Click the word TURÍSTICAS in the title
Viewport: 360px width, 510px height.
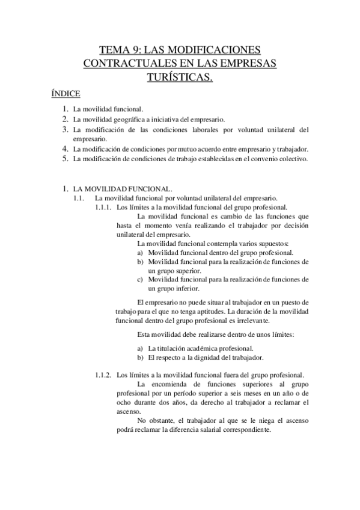(x=180, y=76)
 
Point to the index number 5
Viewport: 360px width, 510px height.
(x=66, y=159)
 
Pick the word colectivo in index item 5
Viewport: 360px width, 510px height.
(x=291, y=159)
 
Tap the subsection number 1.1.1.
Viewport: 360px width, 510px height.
(x=103, y=207)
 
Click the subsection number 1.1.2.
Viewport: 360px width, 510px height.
(x=103, y=375)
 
